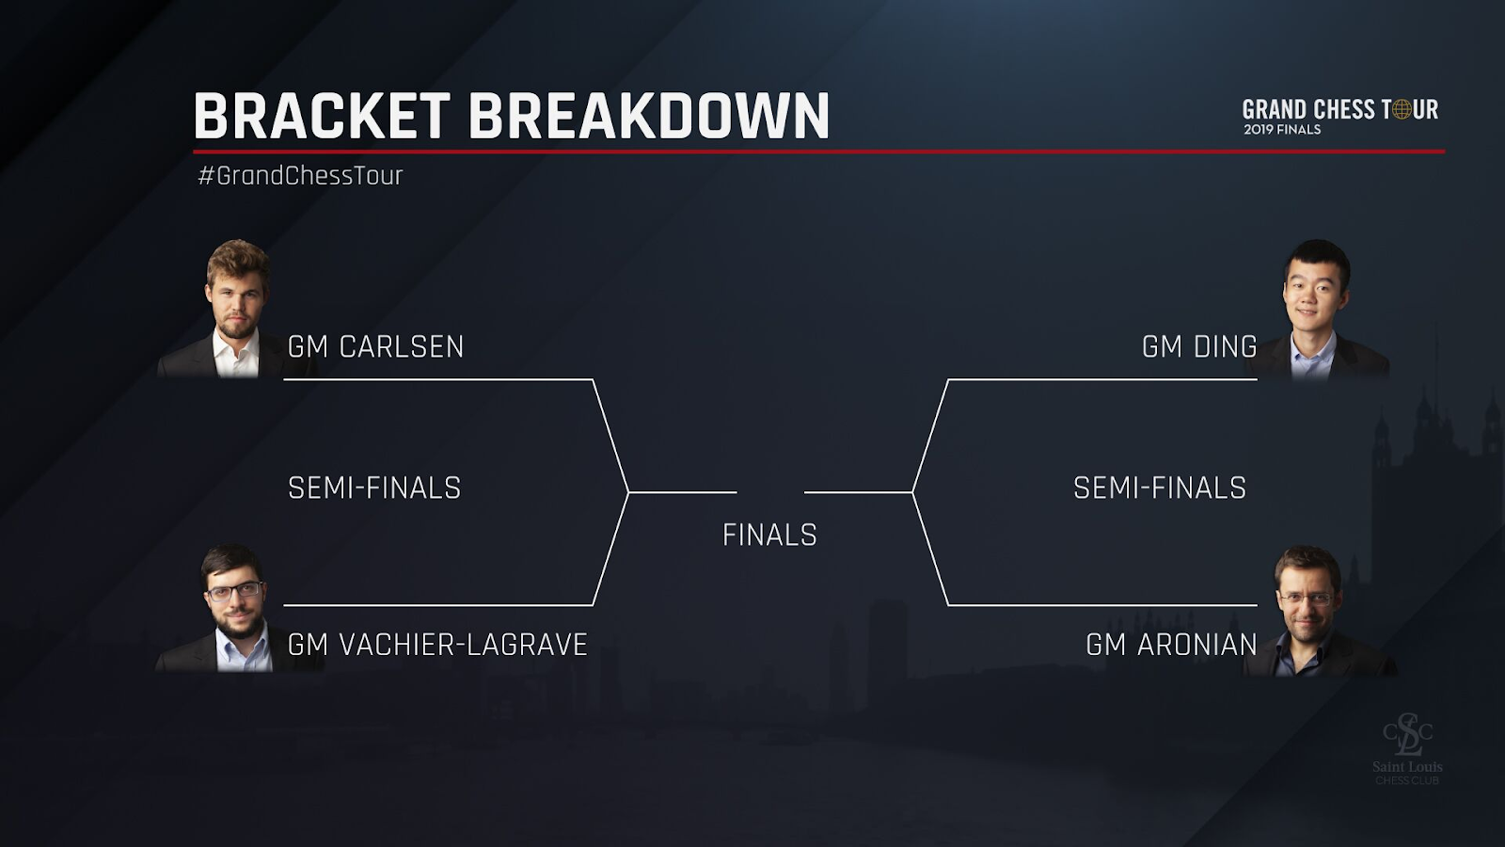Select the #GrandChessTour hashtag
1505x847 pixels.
[x=300, y=176]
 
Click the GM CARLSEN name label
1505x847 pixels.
[x=375, y=346]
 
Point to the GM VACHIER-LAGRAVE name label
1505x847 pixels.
[x=437, y=645]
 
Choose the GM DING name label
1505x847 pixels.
[x=1199, y=346]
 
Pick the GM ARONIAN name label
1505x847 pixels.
[x=1171, y=645]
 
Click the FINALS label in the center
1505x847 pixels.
[x=769, y=535]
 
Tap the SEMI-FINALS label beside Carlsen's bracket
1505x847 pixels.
[x=374, y=487]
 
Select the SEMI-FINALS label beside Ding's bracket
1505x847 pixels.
[x=1160, y=487]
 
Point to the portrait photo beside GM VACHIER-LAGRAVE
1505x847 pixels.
[x=235, y=610]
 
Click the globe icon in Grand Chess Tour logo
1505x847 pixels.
[x=1402, y=110]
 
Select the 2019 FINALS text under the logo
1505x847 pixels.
[x=1282, y=130]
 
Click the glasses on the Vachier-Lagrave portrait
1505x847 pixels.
[x=235, y=592]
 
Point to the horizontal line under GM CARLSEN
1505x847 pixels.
[x=437, y=379]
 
